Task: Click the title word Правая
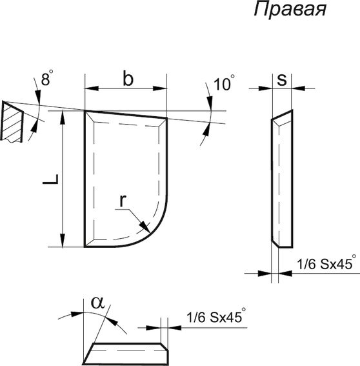(x=290, y=11)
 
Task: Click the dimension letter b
(x=128, y=79)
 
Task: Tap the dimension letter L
(x=48, y=180)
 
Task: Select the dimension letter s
(x=281, y=79)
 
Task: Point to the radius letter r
(x=122, y=201)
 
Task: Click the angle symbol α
(x=97, y=301)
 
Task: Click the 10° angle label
(x=221, y=84)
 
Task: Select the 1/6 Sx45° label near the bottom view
(x=217, y=318)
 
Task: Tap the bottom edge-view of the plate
(x=128, y=352)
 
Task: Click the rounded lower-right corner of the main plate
(x=159, y=226)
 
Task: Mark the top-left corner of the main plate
(x=86, y=111)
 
